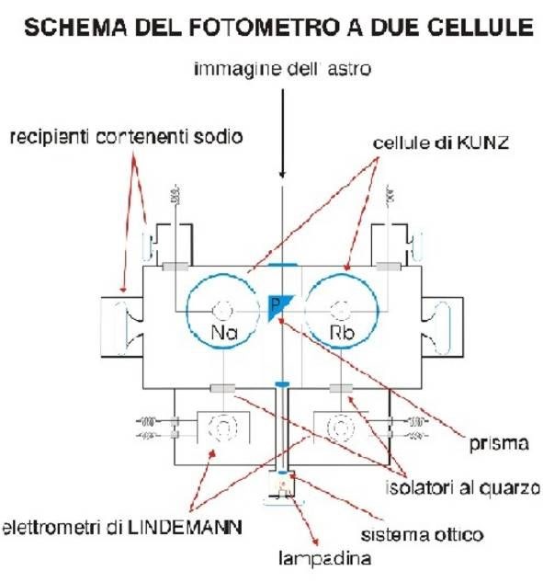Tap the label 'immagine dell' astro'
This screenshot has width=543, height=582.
tap(283, 69)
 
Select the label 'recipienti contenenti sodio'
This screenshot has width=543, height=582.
tap(126, 137)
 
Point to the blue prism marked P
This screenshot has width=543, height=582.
tap(278, 306)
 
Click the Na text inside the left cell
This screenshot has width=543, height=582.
tap(224, 333)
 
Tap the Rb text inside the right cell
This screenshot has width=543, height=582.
tap(342, 333)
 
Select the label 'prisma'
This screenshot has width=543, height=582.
tap(499, 443)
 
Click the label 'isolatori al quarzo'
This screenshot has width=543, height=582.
tap(463, 487)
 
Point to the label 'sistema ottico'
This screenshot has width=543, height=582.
tap(422, 535)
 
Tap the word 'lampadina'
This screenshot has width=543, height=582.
tap(325, 559)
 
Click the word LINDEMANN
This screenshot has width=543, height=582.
tap(185, 528)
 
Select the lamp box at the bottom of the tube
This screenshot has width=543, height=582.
tap(281, 484)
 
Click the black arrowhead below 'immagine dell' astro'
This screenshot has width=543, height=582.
tap(282, 174)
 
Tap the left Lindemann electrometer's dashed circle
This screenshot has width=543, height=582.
tap(222, 428)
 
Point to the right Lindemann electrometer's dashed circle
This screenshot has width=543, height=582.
tap(341, 428)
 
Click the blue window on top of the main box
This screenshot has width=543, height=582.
tap(282, 265)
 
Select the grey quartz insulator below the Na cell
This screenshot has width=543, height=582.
tap(222, 389)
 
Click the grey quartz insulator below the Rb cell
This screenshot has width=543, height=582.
tap(341, 389)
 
